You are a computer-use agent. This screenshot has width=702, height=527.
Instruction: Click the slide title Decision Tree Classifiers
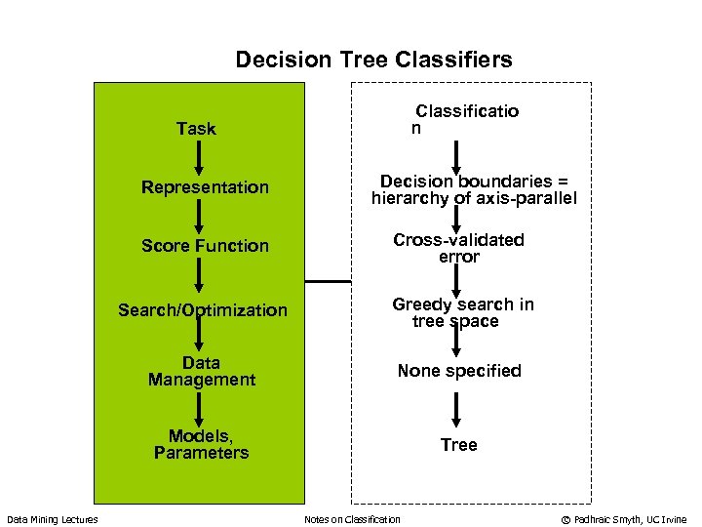pyautogui.click(x=373, y=61)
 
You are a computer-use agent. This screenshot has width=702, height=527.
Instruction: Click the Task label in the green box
pyautogui.click(x=196, y=129)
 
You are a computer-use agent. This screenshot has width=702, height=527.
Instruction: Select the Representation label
pyautogui.click(x=205, y=187)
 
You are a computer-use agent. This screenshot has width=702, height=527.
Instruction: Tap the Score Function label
pyautogui.click(x=205, y=246)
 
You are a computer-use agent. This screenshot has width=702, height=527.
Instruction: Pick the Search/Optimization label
pyautogui.click(x=203, y=310)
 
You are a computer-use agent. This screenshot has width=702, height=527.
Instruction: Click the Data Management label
pyautogui.click(x=201, y=372)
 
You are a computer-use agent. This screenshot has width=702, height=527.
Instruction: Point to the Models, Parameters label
pyautogui.click(x=201, y=444)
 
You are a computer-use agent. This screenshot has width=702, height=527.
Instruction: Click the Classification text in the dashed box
pyautogui.click(x=466, y=119)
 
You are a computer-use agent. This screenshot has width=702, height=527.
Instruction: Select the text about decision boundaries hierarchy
pyautogui.click(x=474, y=190)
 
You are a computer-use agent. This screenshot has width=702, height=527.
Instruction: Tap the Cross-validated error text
pyautogui.click(x=458, y=249)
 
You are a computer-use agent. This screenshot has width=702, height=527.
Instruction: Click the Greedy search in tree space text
pyautogui.click(x=462, y=312)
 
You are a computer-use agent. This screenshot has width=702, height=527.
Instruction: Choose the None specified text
pyautogui.click(x=458, y=371)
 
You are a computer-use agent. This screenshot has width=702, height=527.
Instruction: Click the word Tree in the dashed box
pyautogui.click(x=458, y=445)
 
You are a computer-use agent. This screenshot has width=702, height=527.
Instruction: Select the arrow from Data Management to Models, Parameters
pyautogui.click(x=199, y=408)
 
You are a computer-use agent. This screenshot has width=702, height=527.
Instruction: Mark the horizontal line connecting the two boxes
pyautogui.click(x=328, y=281)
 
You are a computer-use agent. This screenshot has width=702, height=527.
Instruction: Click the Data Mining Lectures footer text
pyautogui.click(x=53, y=519)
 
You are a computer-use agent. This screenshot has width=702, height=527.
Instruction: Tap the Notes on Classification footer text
pyautogui.click(x=352, y=519)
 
